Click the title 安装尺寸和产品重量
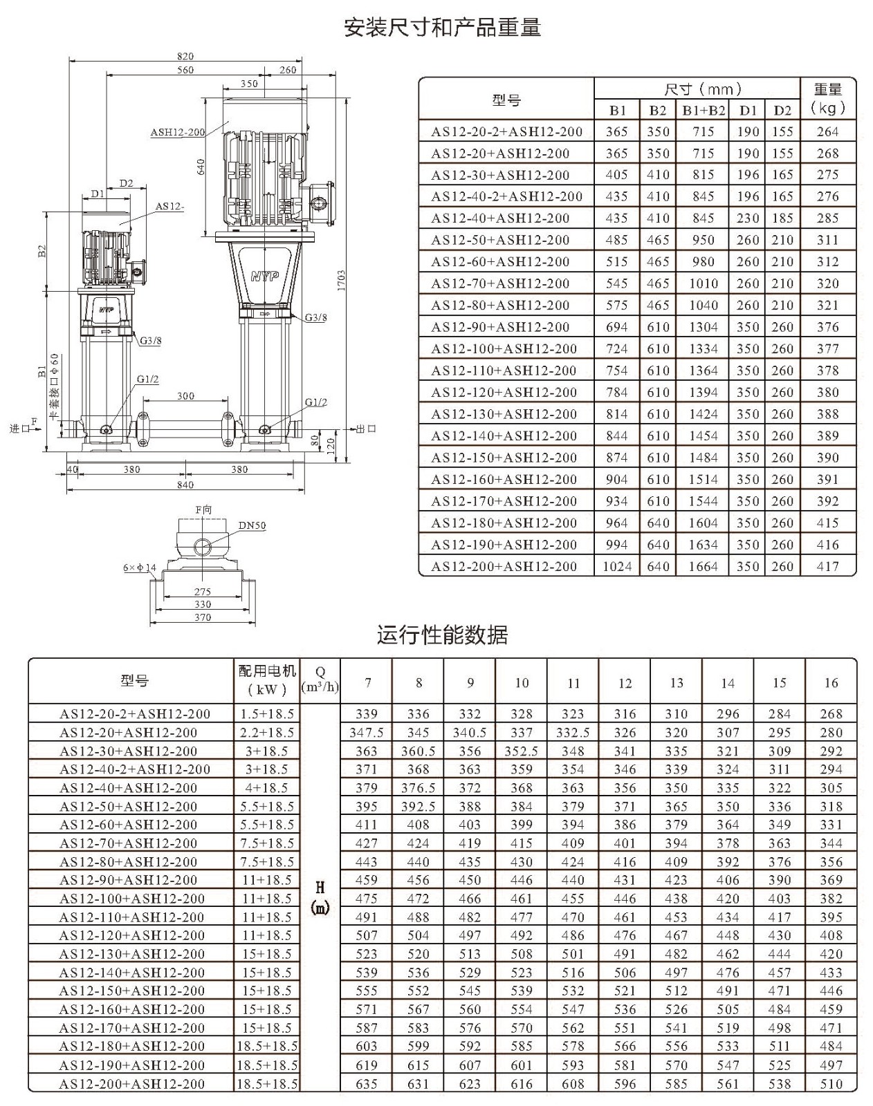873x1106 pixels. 442,27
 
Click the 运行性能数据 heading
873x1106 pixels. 443,635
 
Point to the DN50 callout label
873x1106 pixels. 252,525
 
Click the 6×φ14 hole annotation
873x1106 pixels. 140,568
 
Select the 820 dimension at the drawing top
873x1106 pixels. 185,56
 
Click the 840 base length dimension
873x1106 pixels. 185,484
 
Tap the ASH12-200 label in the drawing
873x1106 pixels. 178,132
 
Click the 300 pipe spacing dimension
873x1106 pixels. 185,395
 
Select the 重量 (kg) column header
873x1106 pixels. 828,99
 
